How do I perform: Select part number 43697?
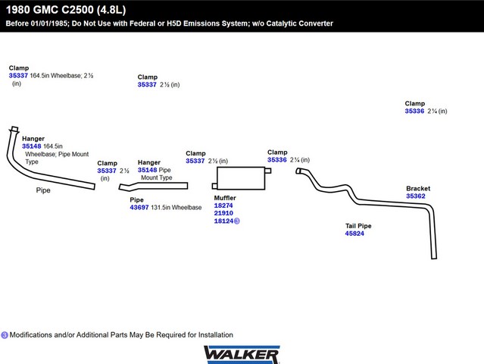pyautogui.click(x=139, y=208)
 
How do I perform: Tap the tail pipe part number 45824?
pyautogui.click(x=354, y=234)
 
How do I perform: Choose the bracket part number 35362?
pyautogui.click(x=416, y=196)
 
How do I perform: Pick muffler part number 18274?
pyautogui.click(x=223, y=206)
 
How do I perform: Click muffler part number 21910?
pyautogui.click(x=223, y=213)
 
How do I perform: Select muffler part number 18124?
pyautogui.click(x=223, y=221)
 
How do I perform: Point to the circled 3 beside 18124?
pyautogui.click(x=237, y=221)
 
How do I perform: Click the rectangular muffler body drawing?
pyautogui.click(x=239, y=178)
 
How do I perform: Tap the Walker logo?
pyautogui.click(x=242, y=354)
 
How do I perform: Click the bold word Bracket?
pyautogui.click(x=418, y=188)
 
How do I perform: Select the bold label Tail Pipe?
pyautogui.click(x=358, y=225)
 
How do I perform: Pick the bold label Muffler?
pyautogui.click(x=225, y=197)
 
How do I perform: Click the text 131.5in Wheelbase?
pyautogui.click(x=176, y=208)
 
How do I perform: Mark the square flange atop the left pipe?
pyautogui.click(x=14, y=129)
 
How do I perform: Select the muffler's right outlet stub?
pyautogui.click(x=267, y=171)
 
